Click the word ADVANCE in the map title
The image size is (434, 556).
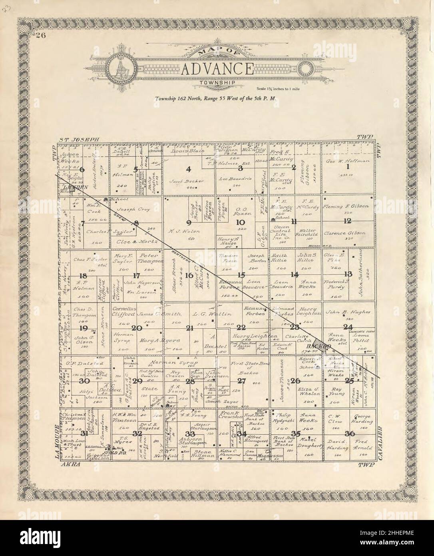point(217,70)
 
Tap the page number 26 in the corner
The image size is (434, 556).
point(41,36)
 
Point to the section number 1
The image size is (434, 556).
point(348,166)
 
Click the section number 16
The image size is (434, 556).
point(189,275)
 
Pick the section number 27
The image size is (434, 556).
point(241,381)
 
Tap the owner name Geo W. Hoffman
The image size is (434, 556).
point(348,160)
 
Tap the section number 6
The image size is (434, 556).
point(82,169)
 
